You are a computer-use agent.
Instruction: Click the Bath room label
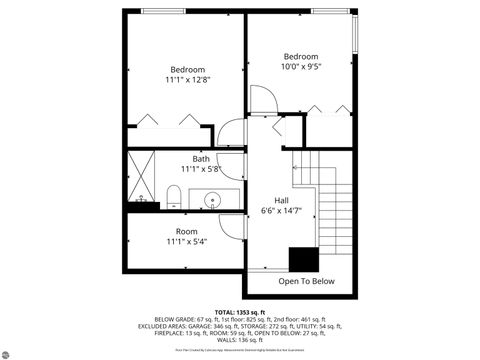[201, 159]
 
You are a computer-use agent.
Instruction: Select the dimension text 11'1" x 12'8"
[187, 79]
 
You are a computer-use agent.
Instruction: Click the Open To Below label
[306, 282]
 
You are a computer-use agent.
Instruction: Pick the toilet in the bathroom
[173, 196]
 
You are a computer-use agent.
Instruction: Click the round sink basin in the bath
[213, 200]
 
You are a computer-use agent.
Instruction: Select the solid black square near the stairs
[303, 259]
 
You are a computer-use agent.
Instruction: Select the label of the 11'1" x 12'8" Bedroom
[187, 69]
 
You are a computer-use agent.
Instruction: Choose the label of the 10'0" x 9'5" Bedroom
[300, 57]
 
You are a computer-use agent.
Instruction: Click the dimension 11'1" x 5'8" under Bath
[201, 170]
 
